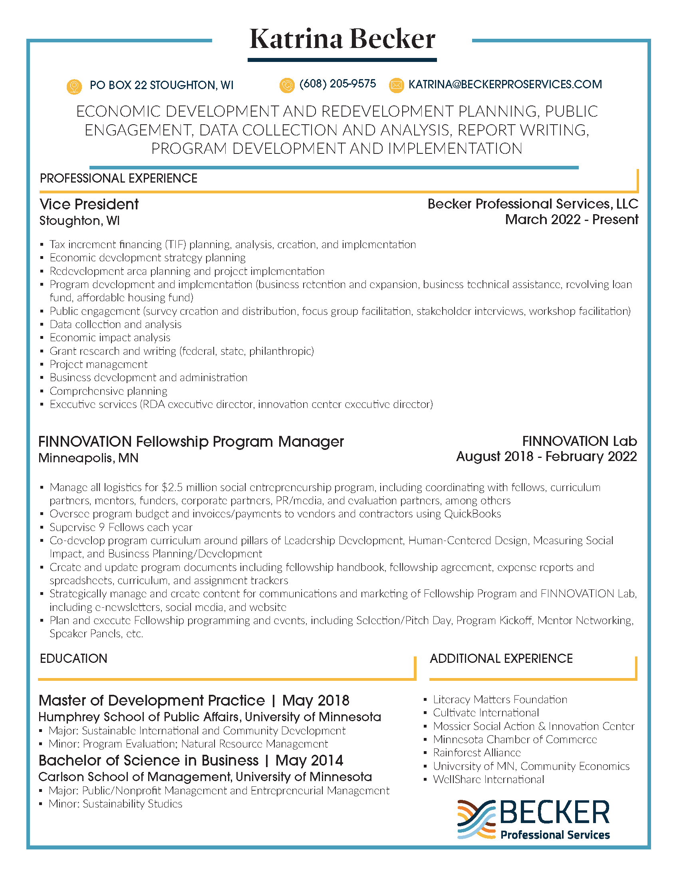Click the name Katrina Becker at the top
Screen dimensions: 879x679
point(342,40)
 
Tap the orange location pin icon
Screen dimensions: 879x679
point(74,86)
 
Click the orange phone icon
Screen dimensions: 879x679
point(287,86)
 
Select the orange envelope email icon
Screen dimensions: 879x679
point(396,86)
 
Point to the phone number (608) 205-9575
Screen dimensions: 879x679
point(338,84)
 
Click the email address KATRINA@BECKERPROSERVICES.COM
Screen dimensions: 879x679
point(505,85)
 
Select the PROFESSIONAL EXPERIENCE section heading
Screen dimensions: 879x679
point(119,178)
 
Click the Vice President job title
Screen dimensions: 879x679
point(89,205)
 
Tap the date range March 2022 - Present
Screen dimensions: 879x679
point(572,220)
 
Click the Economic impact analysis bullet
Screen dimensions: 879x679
point(110,338)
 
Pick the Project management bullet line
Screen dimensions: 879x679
point(99,364)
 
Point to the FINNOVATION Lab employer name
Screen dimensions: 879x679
point(579,441)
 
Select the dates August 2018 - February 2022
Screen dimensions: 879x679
point(546,456)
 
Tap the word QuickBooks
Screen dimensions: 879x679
point(472,514)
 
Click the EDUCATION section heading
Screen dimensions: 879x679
point(73,658)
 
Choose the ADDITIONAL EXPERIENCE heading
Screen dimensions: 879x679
point(501,658)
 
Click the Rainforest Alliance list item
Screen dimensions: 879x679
point(476,753)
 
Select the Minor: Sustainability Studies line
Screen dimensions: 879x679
point(115,804)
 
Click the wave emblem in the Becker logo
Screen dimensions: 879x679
point(476,819)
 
